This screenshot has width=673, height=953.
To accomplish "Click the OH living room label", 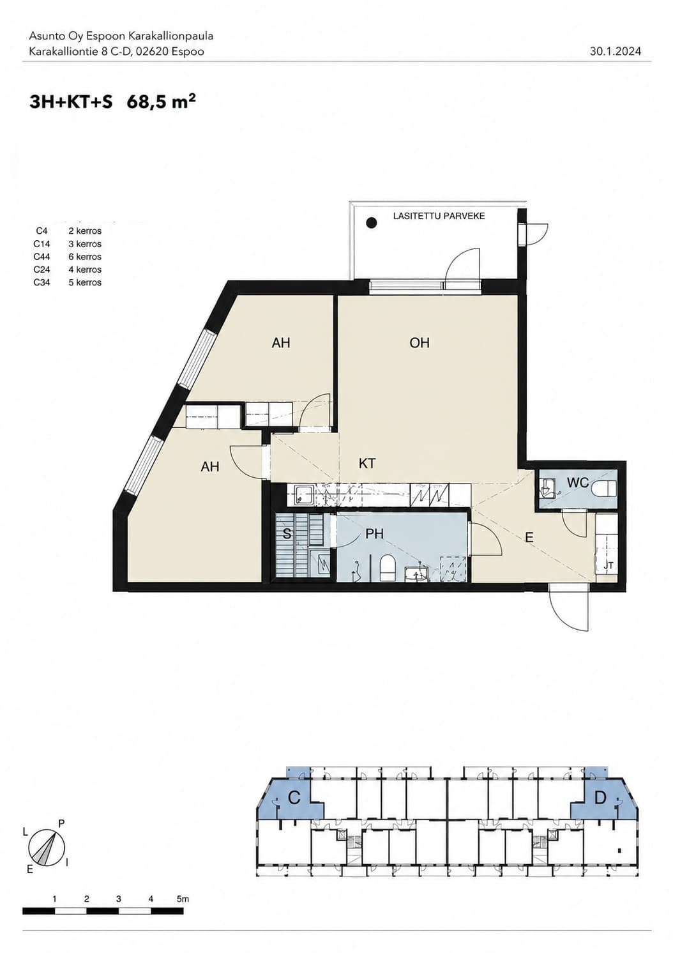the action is tap(419, 342).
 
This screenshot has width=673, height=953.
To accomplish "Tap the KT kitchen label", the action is tap(367, 463).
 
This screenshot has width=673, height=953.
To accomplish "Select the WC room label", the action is tap(578, 482).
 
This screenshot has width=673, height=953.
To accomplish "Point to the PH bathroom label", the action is tap(375, 533).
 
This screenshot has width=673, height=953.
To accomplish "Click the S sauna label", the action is tap(287, 534).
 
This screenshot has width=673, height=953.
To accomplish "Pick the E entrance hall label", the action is tap(529, 538).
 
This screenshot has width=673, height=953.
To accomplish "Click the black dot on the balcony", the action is tap(372, 222).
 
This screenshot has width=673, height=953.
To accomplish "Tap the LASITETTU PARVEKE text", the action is tap(439, 216).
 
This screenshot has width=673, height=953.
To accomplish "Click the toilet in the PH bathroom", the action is tap(387, 568).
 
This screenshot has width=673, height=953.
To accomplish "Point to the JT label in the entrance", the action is tap(609, 566).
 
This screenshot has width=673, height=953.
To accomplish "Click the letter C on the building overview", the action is tap(294, 798).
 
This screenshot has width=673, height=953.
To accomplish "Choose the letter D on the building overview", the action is tap(600, 798).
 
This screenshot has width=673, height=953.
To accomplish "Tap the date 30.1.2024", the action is tap(615, 52).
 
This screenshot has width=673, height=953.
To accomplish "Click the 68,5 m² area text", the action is tap(162, 102).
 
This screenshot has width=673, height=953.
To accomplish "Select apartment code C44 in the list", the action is tap(42, 257).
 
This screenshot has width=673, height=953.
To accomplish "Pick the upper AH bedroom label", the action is tap(281, 343).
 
